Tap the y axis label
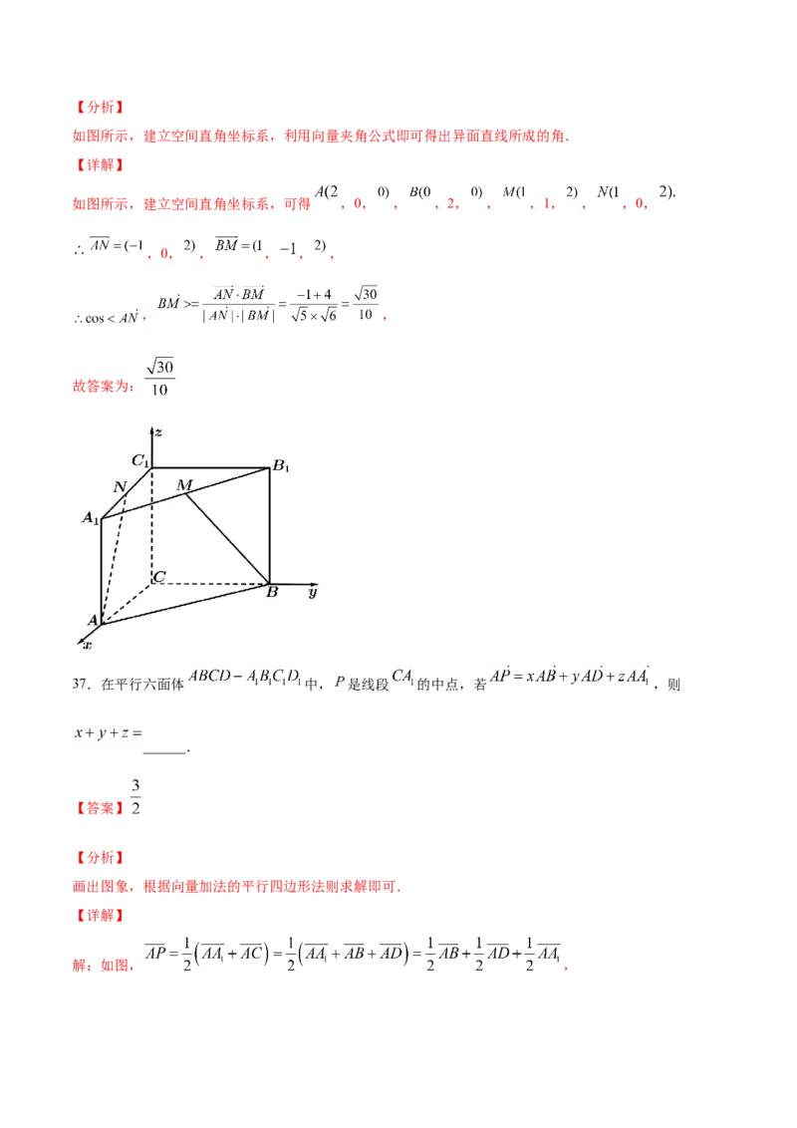coord(312,592)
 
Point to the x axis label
coord(87,646)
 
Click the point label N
coord(120,486)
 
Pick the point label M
coord(183,484)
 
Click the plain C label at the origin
coord(158,577)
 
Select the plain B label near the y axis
coord(271,593)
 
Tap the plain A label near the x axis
coord(93,620)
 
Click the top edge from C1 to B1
coord(211,467)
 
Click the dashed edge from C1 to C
coord(151,523)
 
